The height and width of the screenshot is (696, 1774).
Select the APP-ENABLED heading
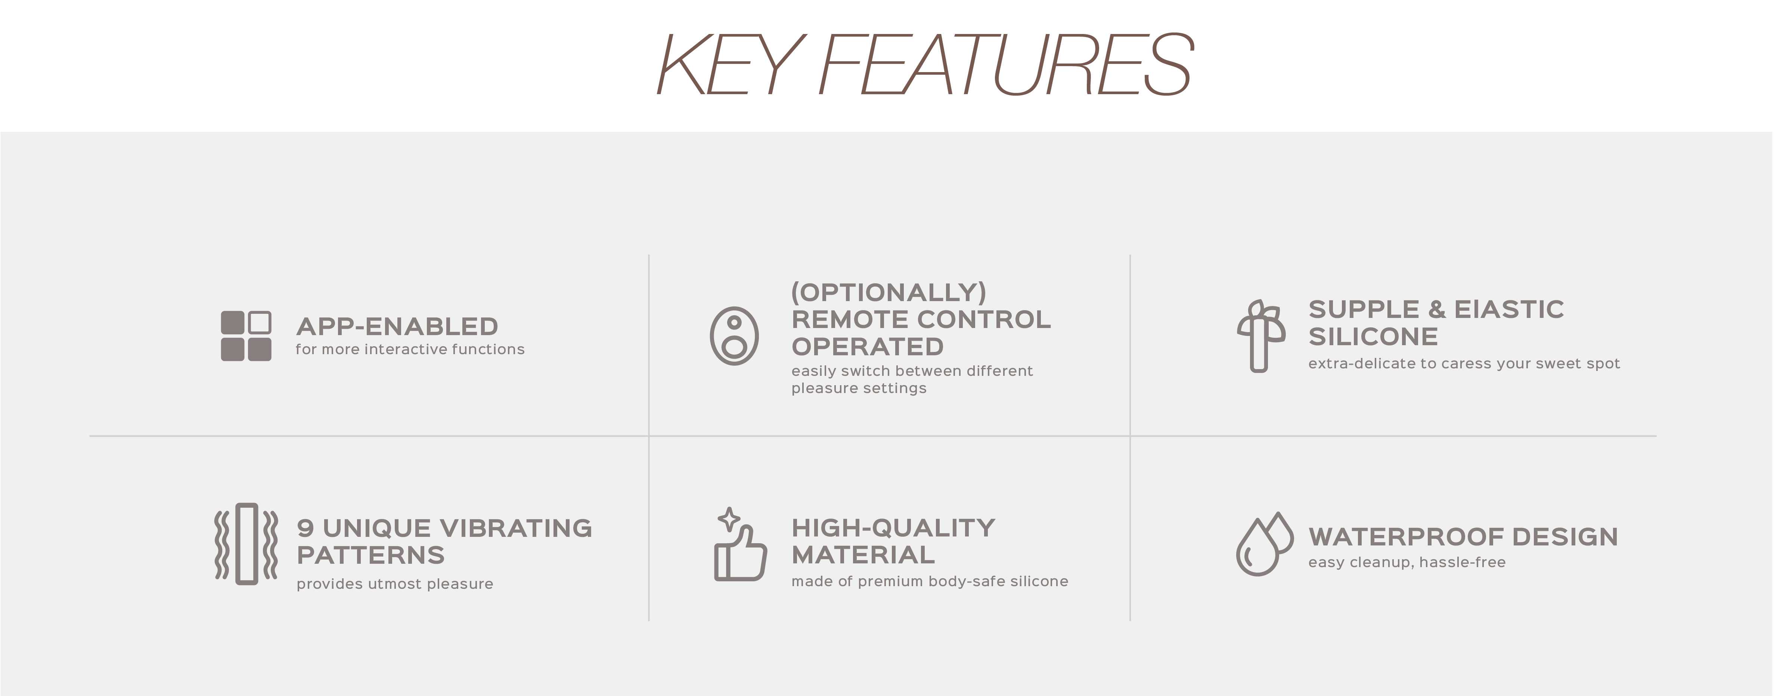[x=397, y=327]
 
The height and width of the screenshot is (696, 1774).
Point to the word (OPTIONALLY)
[x=888, y=292]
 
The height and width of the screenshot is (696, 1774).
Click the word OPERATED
[x=867, y=347]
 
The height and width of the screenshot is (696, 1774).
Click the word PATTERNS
[x=370, y=556]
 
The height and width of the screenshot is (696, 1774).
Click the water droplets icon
[x=1264, y=544]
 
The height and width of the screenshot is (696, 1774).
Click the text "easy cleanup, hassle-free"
[x=1407, y=562]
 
